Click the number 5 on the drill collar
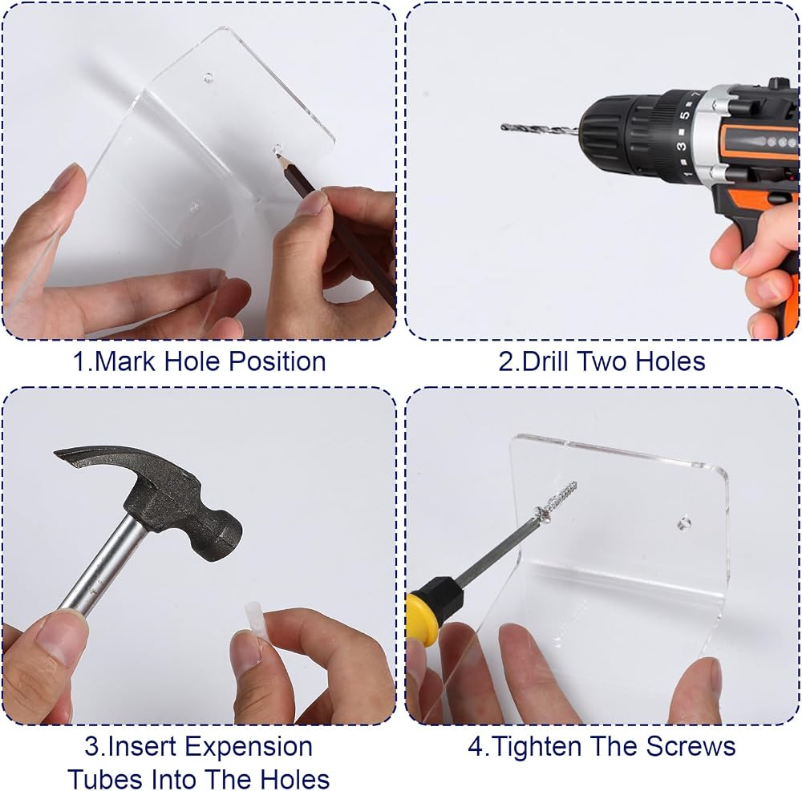click(685, 115)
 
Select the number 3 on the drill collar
click(681, 147)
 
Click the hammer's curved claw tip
click(56, 453)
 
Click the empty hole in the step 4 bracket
click(684, 523)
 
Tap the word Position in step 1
click(277, 361)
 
